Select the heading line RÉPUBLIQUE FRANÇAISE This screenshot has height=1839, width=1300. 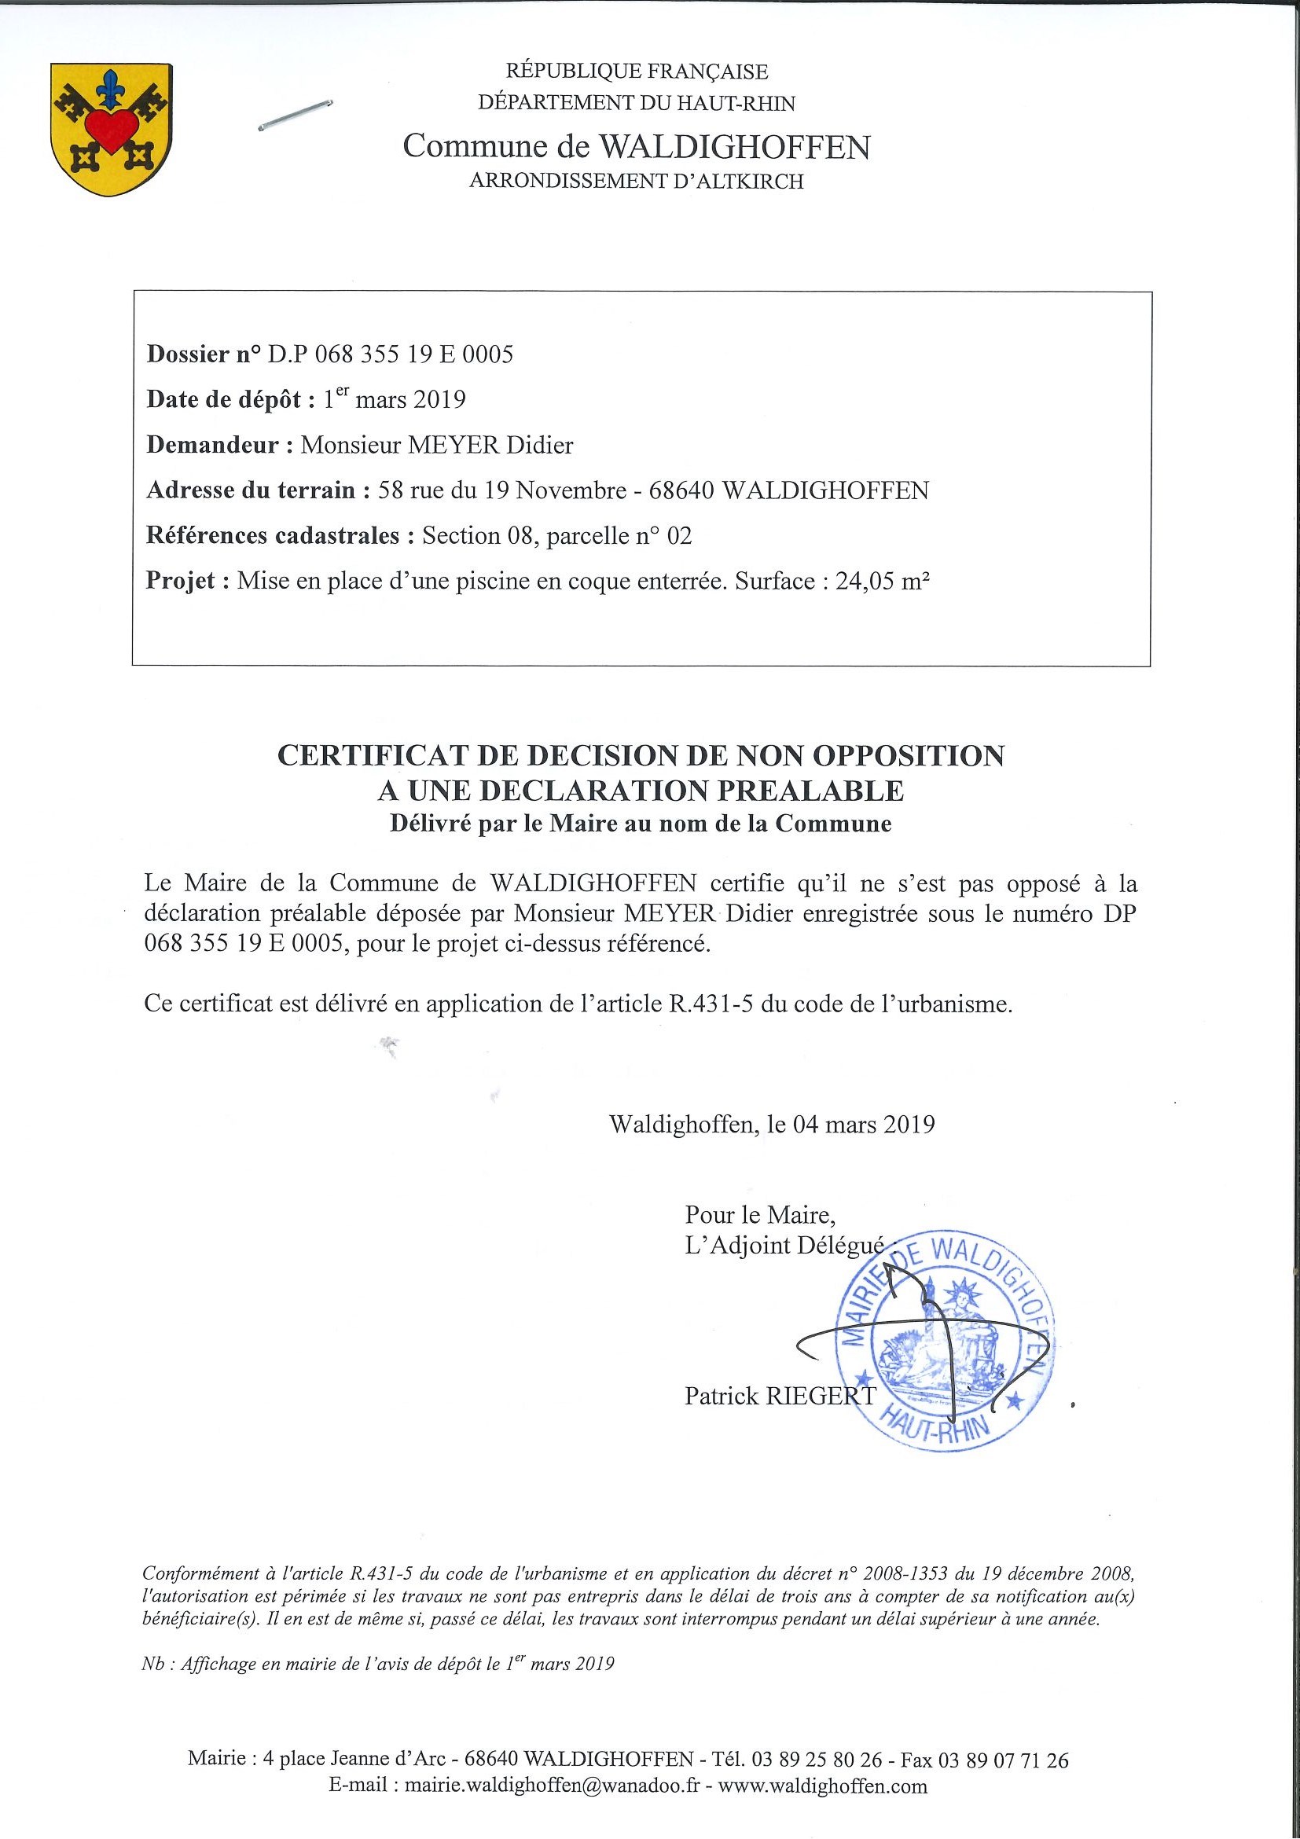[x=637, y=72]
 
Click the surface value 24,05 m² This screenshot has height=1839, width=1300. [x=882, y=581]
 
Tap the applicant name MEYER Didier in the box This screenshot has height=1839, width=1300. [x=490, y=446]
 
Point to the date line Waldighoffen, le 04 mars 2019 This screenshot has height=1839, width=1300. [x=771, y=1124]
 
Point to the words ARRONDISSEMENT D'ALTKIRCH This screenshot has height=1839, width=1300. [x=636, y=182]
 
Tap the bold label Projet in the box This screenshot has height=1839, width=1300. [x=180, y=581]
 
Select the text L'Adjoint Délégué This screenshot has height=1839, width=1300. [x=784, y=1246]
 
